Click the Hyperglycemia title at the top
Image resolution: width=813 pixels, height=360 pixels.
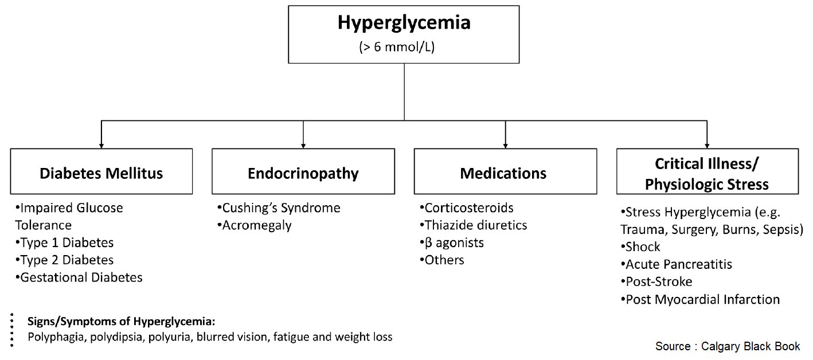click(x=404, y=23)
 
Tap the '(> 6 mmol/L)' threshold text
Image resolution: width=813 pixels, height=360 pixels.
click(x=397, y=47)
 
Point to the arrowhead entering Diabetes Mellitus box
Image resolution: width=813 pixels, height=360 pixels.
click(x=101, y=146)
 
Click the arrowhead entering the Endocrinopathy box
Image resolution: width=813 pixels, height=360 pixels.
click(x=303, y=146)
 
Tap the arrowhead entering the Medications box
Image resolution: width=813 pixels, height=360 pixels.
click(x=505, y=146)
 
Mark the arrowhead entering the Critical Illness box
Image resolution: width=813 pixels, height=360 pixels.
click(x=707, y=146)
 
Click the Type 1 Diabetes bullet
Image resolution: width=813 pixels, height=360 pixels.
click(x=64, y=243)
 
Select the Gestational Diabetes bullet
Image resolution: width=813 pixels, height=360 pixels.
click(x=79, y=277)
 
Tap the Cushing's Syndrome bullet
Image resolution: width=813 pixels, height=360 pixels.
click(x=279, y=208)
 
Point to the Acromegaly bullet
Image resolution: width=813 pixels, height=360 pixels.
click(x=255, y=226)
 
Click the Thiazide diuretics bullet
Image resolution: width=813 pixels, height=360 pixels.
click(x=473, y=225)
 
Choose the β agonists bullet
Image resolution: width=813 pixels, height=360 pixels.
click(x=451, y=243)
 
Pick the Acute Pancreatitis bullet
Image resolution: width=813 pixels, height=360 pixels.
click(x=676, y=264)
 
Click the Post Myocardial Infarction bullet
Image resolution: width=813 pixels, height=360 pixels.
click(x=700, y=299)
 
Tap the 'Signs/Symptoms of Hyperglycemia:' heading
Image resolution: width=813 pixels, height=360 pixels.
click(x=121, y=322)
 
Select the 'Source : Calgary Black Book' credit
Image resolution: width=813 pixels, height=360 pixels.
click(x=728, y=346)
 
